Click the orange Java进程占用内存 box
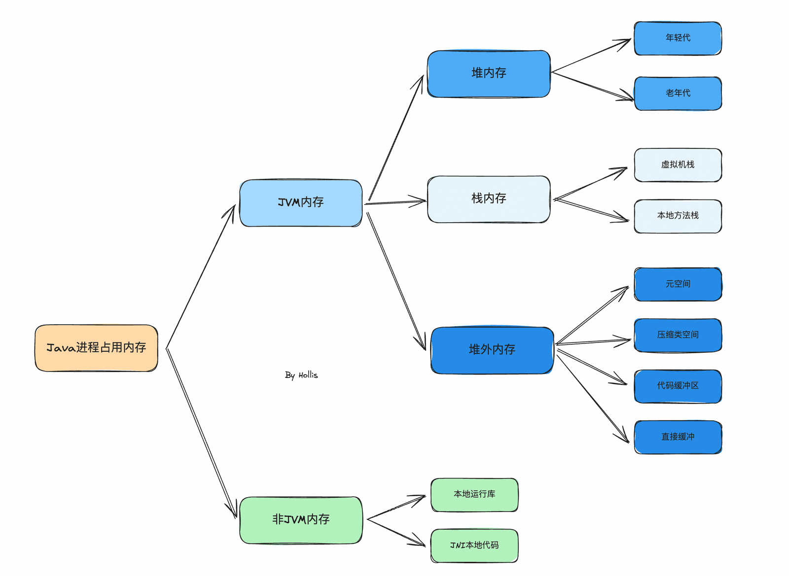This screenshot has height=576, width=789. click(x=96, y=348)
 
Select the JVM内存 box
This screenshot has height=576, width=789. click(x=301, y=203)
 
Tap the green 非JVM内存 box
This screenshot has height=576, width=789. click(x=301, y=520)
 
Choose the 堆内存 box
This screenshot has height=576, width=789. click(x=489, y=74)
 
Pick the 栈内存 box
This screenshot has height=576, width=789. click(x=489, y=199)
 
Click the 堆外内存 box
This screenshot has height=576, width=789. click(x=492, y=350)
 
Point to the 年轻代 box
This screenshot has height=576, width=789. click(x=678, y=38)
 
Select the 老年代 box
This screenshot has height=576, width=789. click(x=678, y=94)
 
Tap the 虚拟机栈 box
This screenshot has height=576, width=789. click(x=678, y=165)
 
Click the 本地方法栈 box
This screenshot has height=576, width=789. click(x=678, y=216)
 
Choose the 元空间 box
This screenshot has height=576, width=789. click(x=678, y=284)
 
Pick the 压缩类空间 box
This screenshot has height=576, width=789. click(x=678, y=336)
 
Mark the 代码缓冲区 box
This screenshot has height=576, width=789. click(x=678, y=386)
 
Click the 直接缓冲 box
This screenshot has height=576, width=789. click(x=678, y=437)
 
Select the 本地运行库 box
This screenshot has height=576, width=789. click(x=474, y=495)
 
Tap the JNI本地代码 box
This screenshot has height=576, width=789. click(x=474, y=546)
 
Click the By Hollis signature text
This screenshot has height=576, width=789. click(x=301, y=375)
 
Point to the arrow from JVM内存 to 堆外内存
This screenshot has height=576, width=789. click(x=396, y=281)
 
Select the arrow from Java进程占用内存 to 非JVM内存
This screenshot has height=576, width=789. click(x=201, y=433)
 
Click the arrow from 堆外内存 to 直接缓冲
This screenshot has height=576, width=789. click(x=593, y=399)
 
